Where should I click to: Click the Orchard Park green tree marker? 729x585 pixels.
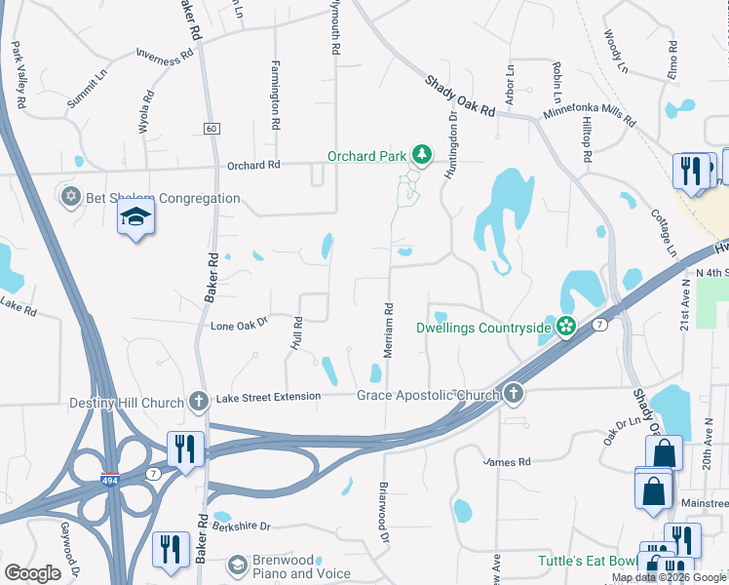(422, 155)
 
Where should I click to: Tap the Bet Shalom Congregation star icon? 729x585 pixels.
(69, 198)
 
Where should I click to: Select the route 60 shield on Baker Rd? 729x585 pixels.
(211, 129)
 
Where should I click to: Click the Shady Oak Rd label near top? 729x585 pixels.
(460, 97)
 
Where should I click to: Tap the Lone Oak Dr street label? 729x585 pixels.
(239, 323)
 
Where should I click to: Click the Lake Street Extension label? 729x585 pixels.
(268, 397)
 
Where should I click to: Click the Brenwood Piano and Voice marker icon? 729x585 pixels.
(237, 565)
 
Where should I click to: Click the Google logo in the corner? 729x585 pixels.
(32, 572)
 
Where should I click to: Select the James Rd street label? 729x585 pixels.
(507, 461)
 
